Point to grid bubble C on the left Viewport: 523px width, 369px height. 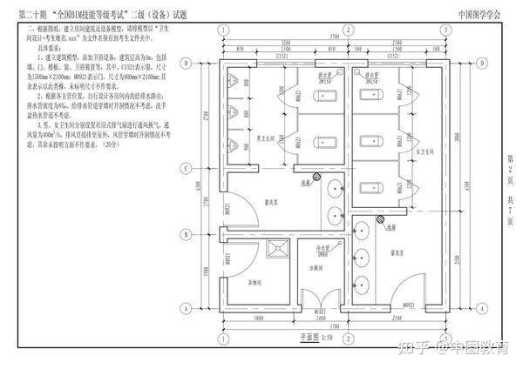point(187,168)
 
